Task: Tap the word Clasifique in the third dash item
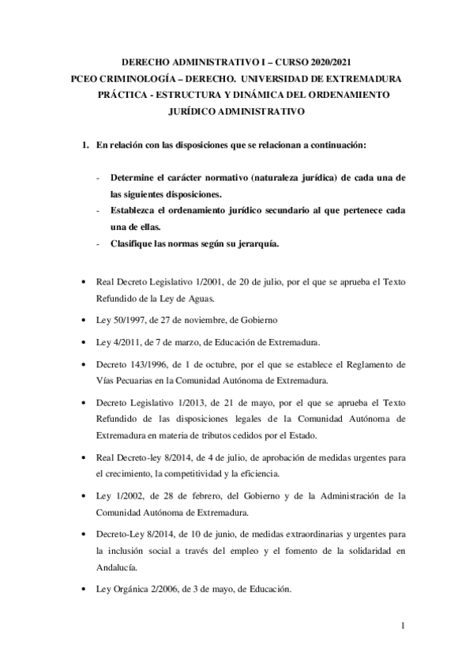(x=135, y=243)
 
